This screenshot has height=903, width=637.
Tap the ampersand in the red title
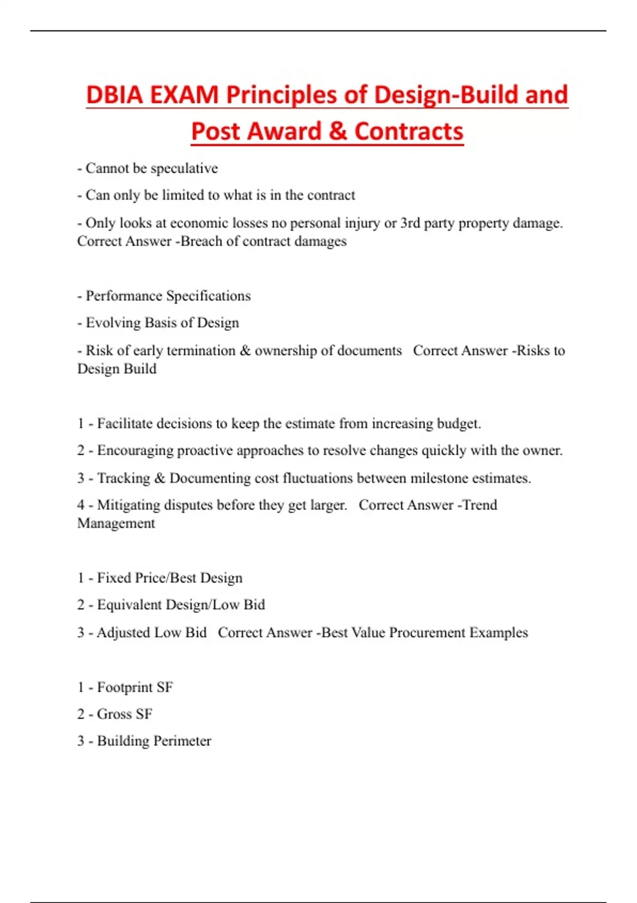tap(337, 131)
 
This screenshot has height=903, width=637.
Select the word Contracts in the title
tap(409, 131)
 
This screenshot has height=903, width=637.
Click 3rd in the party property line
tap(410, 223)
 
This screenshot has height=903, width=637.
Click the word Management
tap(116, 523)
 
